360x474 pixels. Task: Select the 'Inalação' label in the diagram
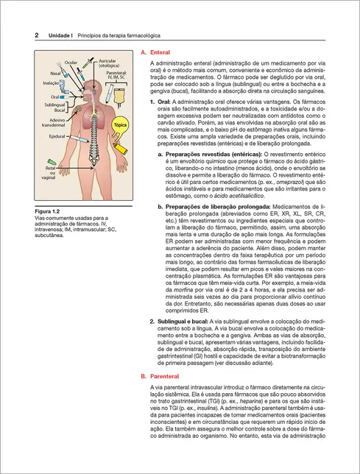point(52,84)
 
